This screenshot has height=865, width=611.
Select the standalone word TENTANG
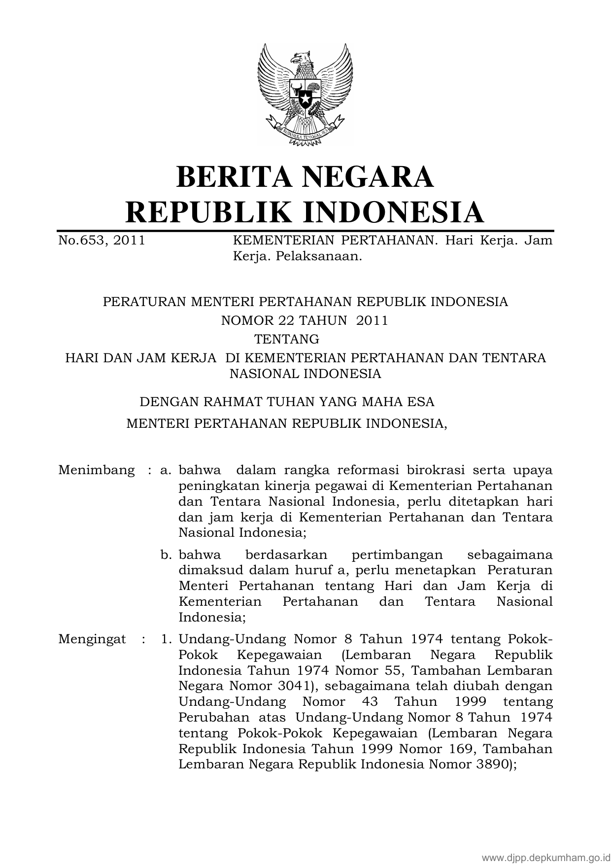click(x=286, y=340)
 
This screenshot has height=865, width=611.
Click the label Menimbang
click(x=96, y=470)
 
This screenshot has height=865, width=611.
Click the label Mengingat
click(x=92, y=639)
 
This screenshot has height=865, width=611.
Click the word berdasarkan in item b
click(x=286, y=555)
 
